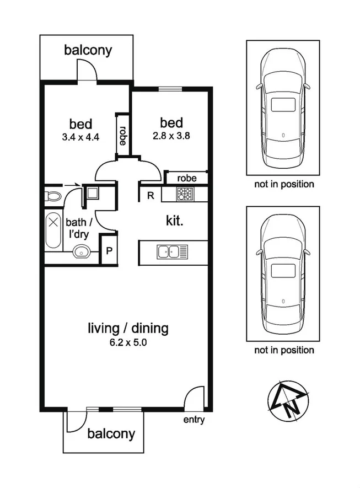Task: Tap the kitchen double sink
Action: pos(171,251)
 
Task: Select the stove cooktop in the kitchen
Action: pos(184,194)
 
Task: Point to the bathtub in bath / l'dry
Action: pos(53,229)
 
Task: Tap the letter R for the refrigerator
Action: pos(150,195)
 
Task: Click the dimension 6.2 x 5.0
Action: pos(128,342)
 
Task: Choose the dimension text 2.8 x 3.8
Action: pos(171,135)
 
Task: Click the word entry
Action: pos(194,420)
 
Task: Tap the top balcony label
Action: pos(88,51)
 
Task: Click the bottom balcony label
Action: pos(111,434)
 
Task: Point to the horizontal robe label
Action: pos(187,178)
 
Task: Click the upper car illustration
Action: pos(283,108)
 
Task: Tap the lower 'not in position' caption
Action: pos(284,350)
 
